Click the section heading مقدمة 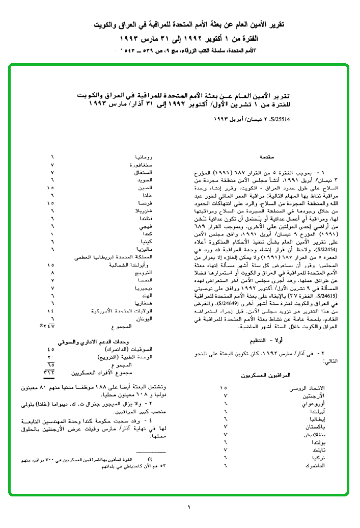267,156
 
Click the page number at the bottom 188,507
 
